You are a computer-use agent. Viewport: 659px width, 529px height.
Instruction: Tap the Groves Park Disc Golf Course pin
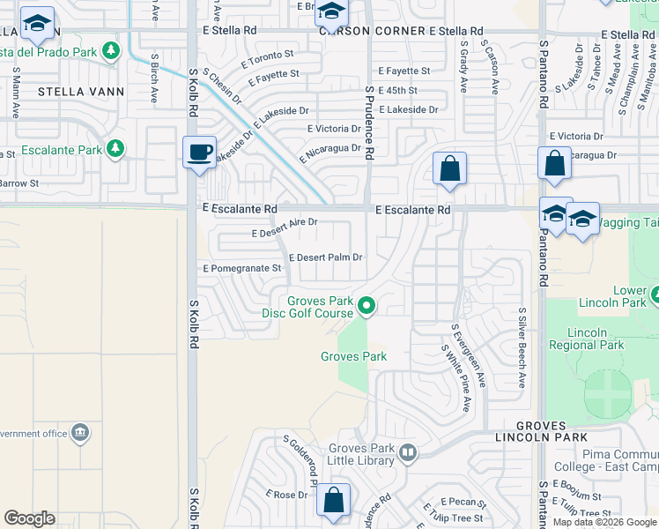367,307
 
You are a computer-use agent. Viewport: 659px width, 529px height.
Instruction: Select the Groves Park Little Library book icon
407,453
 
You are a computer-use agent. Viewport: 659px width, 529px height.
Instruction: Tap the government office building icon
80,433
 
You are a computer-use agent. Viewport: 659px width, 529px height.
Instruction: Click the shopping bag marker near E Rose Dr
334,500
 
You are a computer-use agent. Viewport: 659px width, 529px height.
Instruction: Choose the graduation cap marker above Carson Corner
331,12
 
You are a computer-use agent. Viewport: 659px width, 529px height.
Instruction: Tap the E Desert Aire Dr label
284,228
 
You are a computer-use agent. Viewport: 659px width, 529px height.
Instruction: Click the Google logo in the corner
30,518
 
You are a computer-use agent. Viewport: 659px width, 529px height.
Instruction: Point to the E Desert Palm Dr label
326,257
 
